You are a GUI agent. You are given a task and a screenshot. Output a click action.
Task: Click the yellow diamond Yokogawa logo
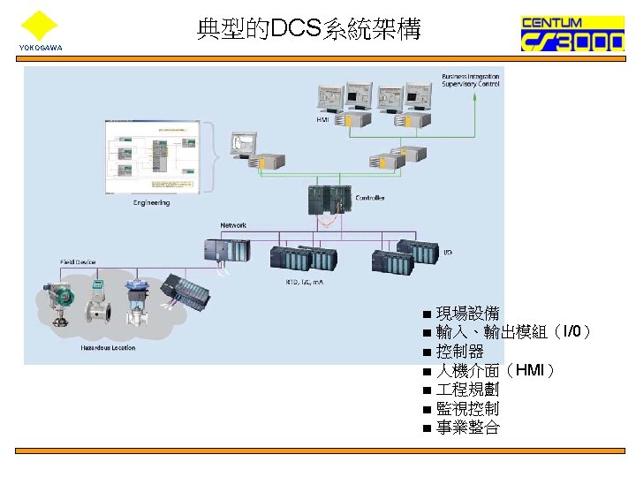pyautogui.click(x=39, y=25)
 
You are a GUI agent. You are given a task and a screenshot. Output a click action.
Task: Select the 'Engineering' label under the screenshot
pyautogui.click(x=151, y=202)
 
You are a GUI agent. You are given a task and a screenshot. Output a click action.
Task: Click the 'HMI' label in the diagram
pyautogui.click(x=323, y=118)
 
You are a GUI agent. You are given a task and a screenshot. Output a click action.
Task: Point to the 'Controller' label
pyautogui.click(x=370, y=198)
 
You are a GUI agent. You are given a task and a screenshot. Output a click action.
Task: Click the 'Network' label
pyautogui.click(x=233, y=225)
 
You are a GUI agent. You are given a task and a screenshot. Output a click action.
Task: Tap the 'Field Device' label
pyautogui.click(x=78, y=261)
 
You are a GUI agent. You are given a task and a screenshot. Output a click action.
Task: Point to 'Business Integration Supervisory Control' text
pyautogui.click(x=470, y=80)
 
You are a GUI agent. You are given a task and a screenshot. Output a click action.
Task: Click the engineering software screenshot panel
pyautogui.click(x=151, y=156)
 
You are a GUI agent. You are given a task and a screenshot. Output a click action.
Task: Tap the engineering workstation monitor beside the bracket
pyautogui.click(x=242, y=144)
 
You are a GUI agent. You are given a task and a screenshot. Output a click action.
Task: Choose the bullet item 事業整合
pyautogui.click(x=467, y=428)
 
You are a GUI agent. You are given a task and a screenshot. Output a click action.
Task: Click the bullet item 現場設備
pyautogui.click(x=467, y=313)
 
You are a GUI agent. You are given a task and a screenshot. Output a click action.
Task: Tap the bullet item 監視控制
pyautogui.click(x=467, y=408)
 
